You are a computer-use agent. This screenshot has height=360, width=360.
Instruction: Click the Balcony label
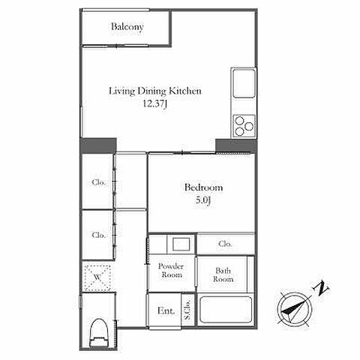click(x=127, y=27)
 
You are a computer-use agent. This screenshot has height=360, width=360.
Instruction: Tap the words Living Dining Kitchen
click(x=155, y=91)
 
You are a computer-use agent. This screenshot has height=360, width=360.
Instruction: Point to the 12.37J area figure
click(x=154, y=103)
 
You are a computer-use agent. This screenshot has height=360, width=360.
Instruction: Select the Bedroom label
click(x=203, y=187)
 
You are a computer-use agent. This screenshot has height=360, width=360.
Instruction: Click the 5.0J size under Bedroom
click(x=203, y=200)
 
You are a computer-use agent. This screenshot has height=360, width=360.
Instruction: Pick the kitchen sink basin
click(x=244, y=83)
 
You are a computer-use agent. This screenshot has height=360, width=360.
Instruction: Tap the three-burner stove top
click(x=244, y=126)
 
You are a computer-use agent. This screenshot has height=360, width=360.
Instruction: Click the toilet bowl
click(x=99, y=332)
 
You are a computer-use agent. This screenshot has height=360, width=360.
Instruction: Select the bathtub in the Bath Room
click(x=226, y=310)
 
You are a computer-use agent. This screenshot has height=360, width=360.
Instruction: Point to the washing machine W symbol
click(x=97, y=277)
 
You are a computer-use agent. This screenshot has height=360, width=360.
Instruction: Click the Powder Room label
click(x=171, y=271)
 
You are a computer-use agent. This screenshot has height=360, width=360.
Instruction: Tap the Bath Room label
click(x=223, y=274)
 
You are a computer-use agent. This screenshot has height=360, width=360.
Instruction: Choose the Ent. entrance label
click(x=166, y=310)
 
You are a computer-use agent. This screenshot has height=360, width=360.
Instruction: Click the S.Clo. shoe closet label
click(x=187, y=309)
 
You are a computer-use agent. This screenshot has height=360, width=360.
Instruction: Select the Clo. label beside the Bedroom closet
click(x=225, y=244)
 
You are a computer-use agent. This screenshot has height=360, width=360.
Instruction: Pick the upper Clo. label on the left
click(x=98, y=182)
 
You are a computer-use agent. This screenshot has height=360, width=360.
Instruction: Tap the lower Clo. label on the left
click(x=98, y=235)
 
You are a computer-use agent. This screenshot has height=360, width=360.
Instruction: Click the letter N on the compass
click(x=321, y=289)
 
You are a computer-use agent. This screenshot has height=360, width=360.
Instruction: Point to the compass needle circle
click(x=295, y=292)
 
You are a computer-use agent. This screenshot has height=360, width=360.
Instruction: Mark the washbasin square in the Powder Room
click(x=181, y=244)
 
